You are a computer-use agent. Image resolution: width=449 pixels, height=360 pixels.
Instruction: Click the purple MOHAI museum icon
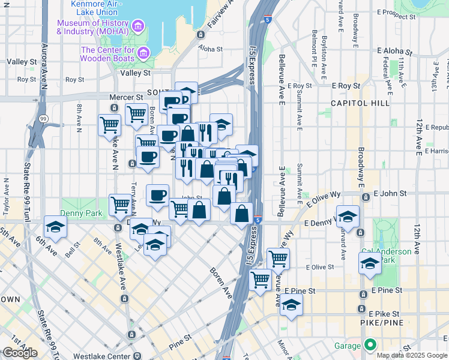139,26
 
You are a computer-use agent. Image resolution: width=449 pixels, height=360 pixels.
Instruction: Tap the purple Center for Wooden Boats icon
143,53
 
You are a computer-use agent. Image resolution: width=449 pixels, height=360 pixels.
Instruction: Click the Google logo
20,353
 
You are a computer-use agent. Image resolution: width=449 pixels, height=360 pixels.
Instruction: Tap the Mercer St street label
126,96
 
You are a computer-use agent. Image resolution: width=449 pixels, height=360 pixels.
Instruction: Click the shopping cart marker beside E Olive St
278,259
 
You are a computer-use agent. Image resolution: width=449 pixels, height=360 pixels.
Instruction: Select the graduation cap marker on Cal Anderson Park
370,263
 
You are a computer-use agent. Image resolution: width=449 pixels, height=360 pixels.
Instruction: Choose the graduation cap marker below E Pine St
291,304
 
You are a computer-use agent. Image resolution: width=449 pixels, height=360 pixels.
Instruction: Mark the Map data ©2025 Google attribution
411,355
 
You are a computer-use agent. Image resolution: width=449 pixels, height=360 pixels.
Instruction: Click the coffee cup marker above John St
157,195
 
